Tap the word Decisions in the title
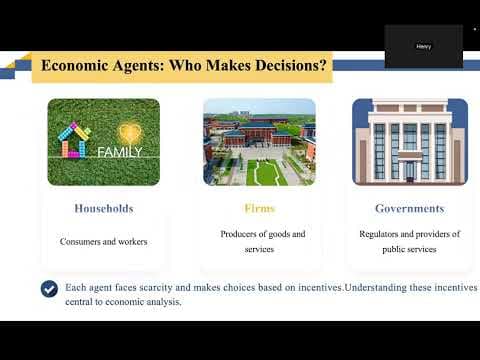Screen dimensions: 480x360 (x=290, y=65)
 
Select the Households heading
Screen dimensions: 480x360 (x=104, y=209)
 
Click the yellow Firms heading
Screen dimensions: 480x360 (x=259, y=208)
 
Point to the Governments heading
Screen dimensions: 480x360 (x=410, y=209)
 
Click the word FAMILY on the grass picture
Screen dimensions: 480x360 (x=120, y=152)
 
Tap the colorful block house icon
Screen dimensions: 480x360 (x=74, y=140)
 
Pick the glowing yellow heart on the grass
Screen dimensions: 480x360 (x=130, y=133)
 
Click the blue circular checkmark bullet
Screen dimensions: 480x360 (x=49, y=289)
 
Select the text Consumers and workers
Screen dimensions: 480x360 (x=104, y=241)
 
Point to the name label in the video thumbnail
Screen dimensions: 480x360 (x=423, y=46)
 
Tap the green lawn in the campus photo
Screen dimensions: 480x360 (x=266, y=172)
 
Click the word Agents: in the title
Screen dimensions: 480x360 (x=138, y=66)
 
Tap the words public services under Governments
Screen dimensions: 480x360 (x=409, y=249)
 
